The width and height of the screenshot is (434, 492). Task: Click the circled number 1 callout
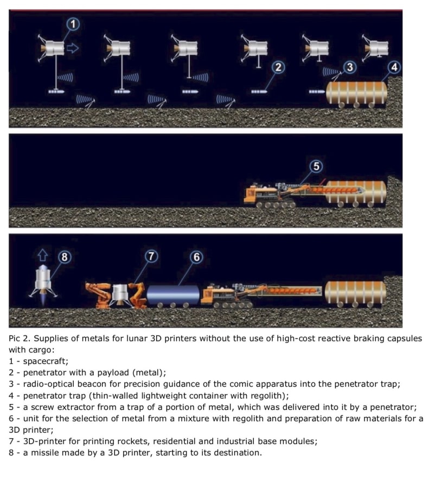tap(73, 24)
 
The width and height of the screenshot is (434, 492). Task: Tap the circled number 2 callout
tap(278, 67)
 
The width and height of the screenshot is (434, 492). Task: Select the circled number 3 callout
tap(350, 67)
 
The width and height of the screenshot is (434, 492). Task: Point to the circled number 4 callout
tap(394, 67)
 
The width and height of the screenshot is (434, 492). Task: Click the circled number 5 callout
tap(316, 166)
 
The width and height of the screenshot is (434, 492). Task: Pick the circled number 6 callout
tap(196, 257)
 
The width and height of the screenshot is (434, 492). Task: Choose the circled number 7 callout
tap(151, 256)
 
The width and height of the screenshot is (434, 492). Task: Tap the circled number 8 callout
tap(65, 257)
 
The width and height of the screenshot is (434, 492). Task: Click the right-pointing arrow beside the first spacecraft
tap(73, 48)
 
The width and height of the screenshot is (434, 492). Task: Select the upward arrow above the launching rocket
tap(43, 255)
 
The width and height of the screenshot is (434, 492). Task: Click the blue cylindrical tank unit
tap(173, 295)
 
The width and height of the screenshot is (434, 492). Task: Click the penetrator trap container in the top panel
tap(356, 93)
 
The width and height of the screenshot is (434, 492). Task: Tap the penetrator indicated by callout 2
tap(259, 92)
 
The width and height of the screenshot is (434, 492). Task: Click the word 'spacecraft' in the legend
tap(45, 361)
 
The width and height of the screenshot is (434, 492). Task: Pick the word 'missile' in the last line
tap(44, 453)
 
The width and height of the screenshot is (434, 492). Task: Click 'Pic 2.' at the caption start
tap(20, 338)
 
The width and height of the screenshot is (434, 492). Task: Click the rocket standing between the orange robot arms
tap(119, 294)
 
